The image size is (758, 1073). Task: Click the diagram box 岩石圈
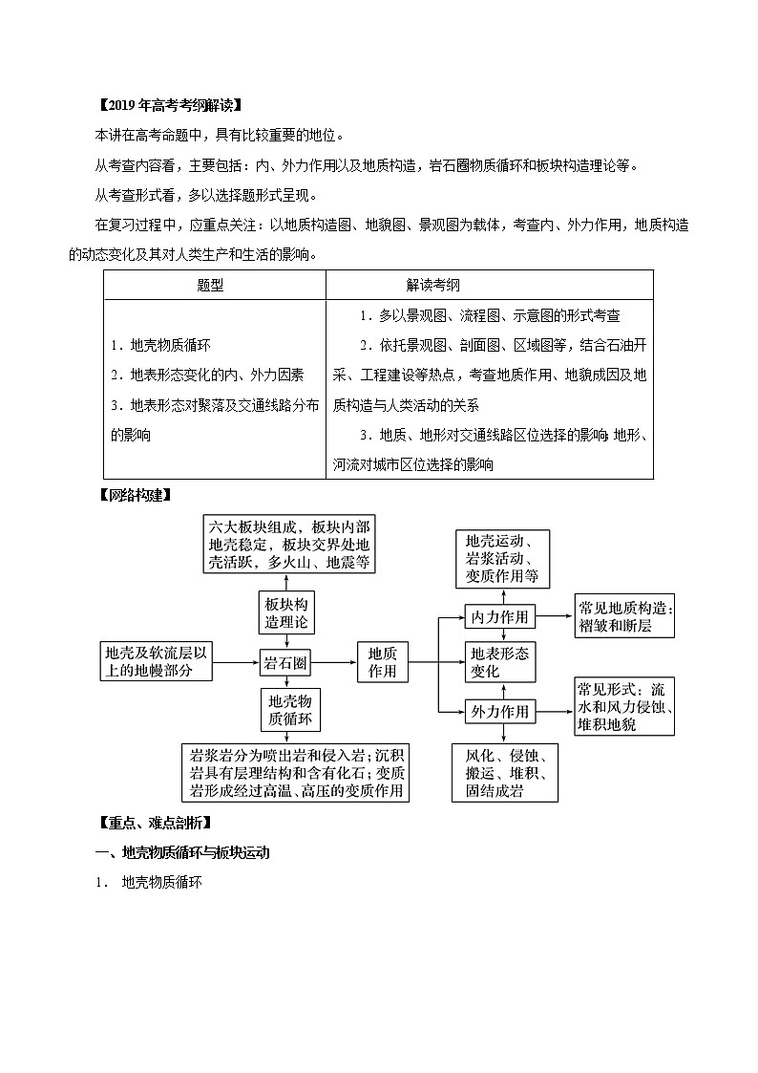[288, 660]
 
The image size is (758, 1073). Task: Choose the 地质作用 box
[382, 660]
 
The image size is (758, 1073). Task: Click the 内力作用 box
[499, 617]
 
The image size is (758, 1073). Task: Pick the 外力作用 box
[499, 712]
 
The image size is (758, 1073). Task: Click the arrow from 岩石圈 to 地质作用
[338, 660]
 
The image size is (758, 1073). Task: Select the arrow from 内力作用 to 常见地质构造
[555, 617]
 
